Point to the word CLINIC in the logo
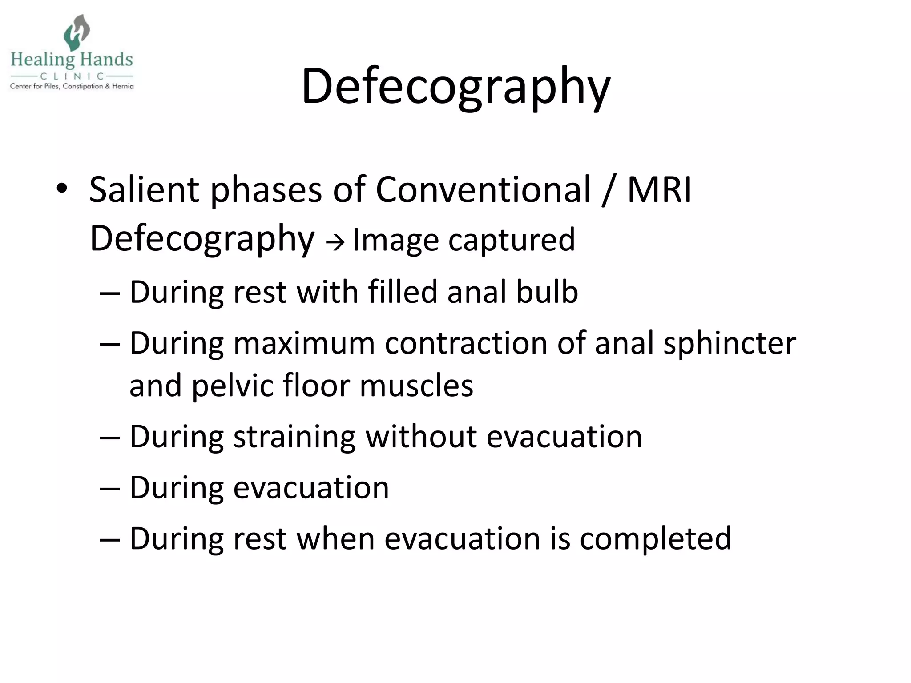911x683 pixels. click(x=72, y=76)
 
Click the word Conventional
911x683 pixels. click(x=483, y=189)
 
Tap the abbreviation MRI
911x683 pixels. click(x=659, y=189)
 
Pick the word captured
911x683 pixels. click(x=512, y=240)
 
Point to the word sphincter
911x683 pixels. click(x=730, y=343)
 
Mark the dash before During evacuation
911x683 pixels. click(x=110, y=488)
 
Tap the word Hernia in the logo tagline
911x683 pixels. click(x=123, y=86)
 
